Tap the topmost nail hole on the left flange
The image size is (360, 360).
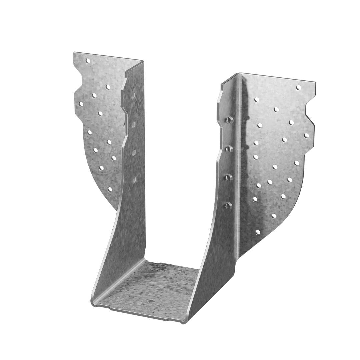[x=88, y=61]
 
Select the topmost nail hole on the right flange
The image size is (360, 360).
[x=299, y=88]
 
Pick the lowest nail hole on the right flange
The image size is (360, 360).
[x=258, y=232]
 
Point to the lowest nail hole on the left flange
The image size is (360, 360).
[x=109, y=189]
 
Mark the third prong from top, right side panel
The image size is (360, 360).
[x=229, y=177]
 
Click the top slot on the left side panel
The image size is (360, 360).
[x=133, y=96]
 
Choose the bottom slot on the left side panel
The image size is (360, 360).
[x=135, y=180]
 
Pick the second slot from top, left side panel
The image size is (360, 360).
[x=134, y=124]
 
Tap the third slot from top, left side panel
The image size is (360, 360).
[x=134, y=152]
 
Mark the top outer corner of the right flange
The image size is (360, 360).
[x=316, y=82]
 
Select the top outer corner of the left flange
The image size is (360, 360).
[x=74, y=52]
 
